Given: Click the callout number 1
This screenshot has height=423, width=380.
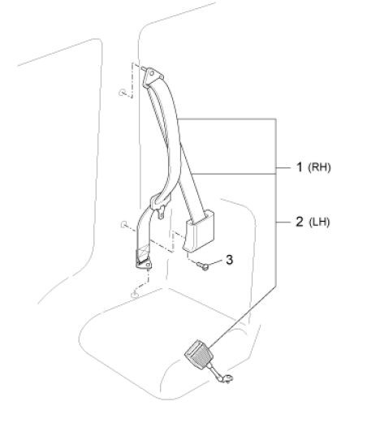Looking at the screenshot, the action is (299, 167).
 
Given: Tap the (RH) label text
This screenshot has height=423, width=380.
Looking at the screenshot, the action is (319, 167).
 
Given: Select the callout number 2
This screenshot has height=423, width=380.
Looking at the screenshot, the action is (300, 222).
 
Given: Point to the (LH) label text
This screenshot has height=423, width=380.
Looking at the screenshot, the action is (319, 222).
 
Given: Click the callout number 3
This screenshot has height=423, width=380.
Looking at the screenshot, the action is (229, 260).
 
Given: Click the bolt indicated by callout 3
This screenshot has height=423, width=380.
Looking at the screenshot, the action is (203, 265).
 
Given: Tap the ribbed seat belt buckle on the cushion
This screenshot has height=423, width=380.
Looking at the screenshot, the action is (198, 354).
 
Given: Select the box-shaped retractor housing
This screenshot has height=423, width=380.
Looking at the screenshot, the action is (200, 231).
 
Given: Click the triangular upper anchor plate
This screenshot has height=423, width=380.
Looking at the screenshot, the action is (152, 76).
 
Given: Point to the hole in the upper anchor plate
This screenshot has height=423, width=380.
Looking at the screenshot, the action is (152, 73).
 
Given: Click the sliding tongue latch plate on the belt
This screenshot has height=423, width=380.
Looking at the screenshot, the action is (159, 205).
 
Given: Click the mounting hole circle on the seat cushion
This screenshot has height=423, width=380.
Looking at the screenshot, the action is (135, 294).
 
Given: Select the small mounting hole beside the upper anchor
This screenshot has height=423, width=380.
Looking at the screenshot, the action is (122, 93).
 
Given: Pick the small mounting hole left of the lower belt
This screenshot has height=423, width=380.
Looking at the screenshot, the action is (123, 224).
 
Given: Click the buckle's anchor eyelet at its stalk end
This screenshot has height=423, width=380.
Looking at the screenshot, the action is (227, 379).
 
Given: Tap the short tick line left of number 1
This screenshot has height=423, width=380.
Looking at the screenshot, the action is (283, 168).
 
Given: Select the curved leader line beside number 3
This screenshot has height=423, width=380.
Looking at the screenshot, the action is (216, 261).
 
